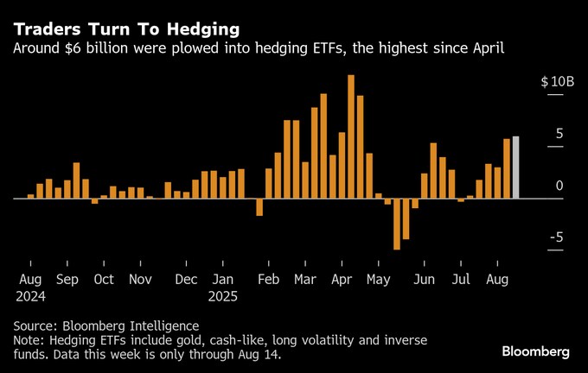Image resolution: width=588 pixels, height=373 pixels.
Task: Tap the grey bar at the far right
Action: coord(515,168)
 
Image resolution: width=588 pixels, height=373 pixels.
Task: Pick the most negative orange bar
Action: coord(397,224)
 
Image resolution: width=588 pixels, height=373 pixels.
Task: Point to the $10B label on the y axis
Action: coord(557,82)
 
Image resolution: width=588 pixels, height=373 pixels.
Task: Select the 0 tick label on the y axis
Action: coord(559,186)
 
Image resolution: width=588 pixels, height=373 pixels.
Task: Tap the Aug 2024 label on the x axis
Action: coord(30,287)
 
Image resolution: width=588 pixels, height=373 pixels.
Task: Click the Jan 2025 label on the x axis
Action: coord(224,287)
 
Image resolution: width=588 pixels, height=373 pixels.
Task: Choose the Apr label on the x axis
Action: coord(342,280)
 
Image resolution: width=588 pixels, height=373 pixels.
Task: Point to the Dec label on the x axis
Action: coord(185,280)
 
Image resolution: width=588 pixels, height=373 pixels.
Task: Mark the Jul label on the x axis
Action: coord(462,280)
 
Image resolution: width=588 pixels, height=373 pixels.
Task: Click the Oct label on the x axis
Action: coord(104,280)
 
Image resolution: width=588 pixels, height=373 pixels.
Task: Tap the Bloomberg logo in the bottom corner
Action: coord(535,351)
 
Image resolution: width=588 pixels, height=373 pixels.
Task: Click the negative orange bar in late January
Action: coord(259,206)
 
